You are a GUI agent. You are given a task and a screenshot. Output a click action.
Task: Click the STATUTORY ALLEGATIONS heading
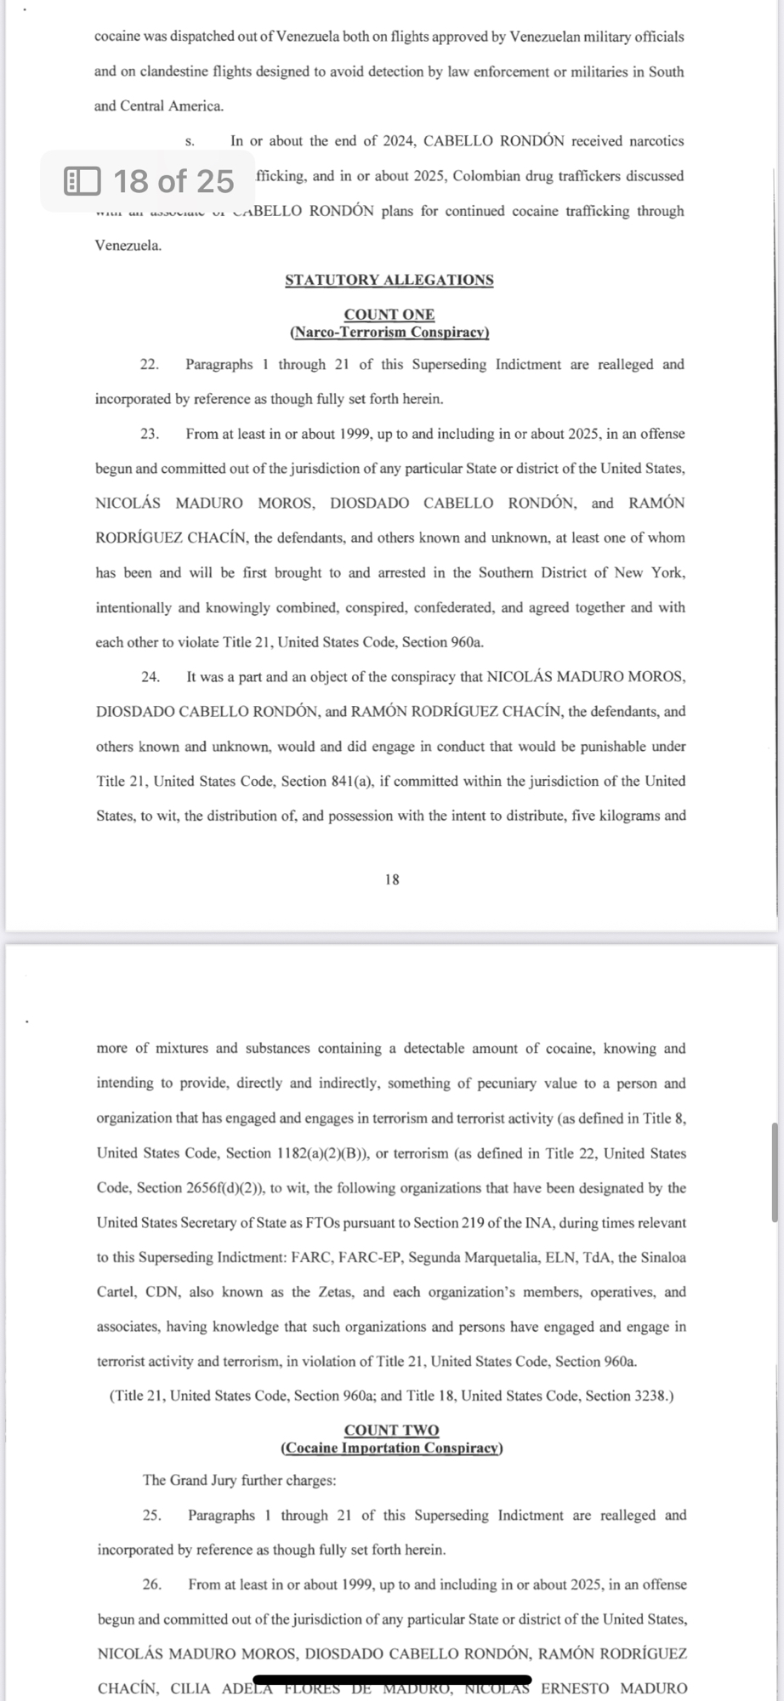click(x=389, y=280)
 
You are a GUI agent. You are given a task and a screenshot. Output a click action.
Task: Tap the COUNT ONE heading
click(x=389, y=315)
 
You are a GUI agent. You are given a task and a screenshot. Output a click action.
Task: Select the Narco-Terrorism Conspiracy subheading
click(x=389, y=332)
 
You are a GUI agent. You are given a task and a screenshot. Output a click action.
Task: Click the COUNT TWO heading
click(x=391, y=1431)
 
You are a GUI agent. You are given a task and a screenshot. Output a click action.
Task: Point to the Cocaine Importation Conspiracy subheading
click(x=391, y=1448)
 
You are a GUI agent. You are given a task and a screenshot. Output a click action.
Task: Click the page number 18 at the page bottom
click(x=391, y=879)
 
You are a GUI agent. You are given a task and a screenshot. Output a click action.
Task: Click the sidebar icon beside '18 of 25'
click(x=82, y=180)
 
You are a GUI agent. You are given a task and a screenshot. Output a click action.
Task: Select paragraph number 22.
click(x=150, y=365)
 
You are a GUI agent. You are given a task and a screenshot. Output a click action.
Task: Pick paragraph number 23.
click(x=150, y=434)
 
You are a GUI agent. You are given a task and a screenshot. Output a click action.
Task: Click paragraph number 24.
click(x=151, y=677)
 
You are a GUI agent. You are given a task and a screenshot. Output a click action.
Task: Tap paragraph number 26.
click(x=152, y=1584)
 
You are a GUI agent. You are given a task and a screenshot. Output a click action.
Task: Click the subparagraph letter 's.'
click(x=190, y=141)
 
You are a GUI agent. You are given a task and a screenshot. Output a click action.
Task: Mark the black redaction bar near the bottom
click(x=392, y=1680)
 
